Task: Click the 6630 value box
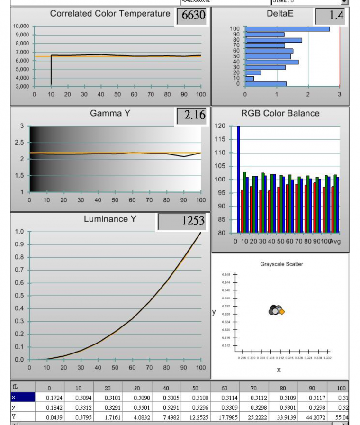click(x=192, y=16)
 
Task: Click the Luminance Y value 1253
click(x=182, y=221)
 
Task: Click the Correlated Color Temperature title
click(x=110, y=14)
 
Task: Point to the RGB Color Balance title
click(x=280, y=114)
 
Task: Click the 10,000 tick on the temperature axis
click(x=21, y=26)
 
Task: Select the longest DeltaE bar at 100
click(x=287, y=29)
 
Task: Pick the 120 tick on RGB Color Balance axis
click(x=220, y=126)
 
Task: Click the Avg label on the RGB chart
click(x=335, y=242)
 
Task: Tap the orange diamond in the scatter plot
click(x=282, y=311)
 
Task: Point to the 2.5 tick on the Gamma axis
click(x=19, y=143)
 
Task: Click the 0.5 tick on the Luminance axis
click(x=19, y=296)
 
